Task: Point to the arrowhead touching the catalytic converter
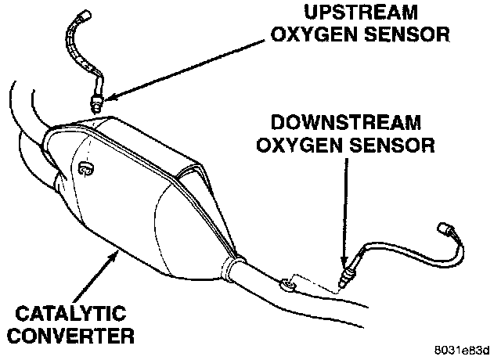point(119,254)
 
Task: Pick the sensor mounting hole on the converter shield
point(85,167)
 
